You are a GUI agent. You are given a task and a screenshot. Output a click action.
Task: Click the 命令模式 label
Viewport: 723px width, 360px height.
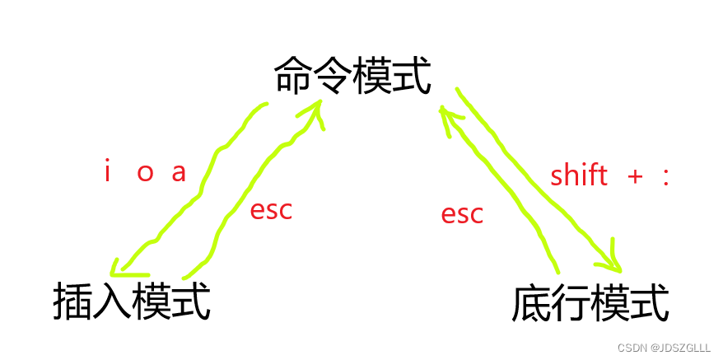point(352,77)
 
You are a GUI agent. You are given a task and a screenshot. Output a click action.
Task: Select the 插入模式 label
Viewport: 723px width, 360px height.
point(132,302)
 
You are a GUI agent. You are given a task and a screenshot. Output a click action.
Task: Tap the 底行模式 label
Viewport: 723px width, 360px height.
point(590,303)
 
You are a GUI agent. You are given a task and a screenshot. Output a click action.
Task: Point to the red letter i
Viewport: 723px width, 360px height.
point(107,173)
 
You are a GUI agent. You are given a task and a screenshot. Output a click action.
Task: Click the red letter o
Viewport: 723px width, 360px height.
point(145,175)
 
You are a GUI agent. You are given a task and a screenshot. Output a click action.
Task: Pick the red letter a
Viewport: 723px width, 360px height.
point(179,175)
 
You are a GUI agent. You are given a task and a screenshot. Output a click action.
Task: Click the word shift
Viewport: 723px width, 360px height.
point(579,175)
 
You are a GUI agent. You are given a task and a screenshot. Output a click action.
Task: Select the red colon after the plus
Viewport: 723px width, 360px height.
point(665,176)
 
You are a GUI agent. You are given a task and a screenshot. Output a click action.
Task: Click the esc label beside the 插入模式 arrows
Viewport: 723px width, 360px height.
point(271,210)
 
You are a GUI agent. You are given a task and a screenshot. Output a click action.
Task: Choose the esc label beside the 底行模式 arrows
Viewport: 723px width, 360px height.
point(462,214)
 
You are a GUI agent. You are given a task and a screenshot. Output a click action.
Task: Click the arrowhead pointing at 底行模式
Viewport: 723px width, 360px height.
point(613,259)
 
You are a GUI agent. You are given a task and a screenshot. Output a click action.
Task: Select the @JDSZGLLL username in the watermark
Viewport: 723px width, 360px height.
point(680,348)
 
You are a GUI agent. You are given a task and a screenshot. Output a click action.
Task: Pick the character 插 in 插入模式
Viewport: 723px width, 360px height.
point(72,302)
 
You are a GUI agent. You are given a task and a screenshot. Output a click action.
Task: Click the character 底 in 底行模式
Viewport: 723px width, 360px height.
point(530,303)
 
